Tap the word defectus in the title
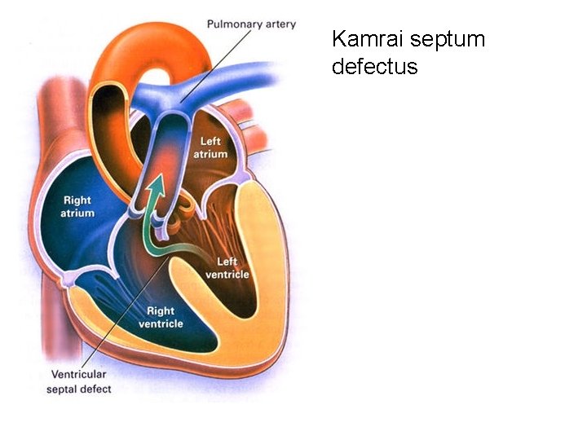[x=374, y=66]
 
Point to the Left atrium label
[x=210, y=147]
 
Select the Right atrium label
[x=78, y=207]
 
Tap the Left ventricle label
[x=232, y=268]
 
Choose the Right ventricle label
[x=161, y=317]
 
